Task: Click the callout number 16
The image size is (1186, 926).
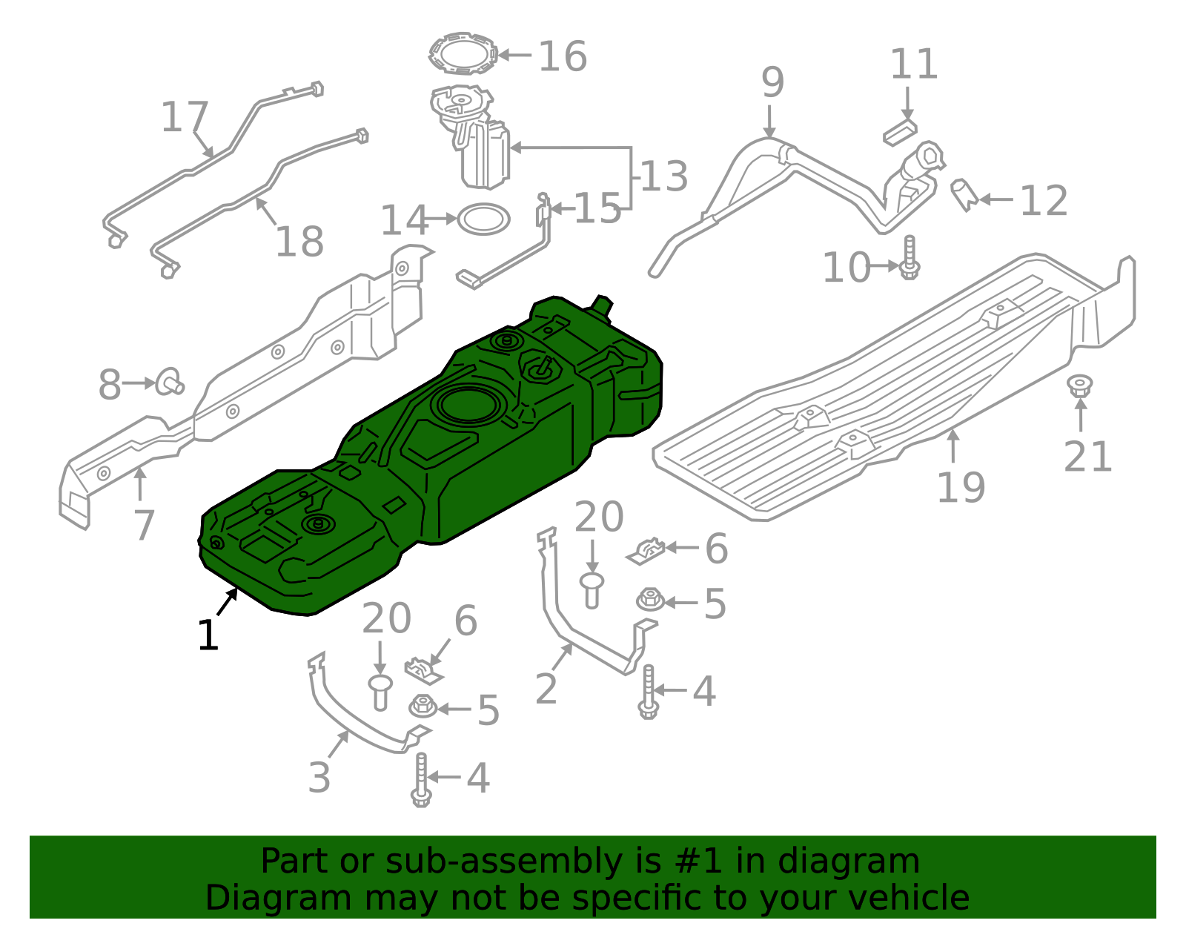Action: click(x=563, y=56)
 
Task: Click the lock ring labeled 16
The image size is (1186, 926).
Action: click(x=463, y=53)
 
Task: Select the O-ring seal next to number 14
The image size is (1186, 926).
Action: click(x=483, y=219)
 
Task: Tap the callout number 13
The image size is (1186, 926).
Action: click(x=665, y=176)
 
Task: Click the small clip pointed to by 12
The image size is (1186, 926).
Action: click(x=963, y=194)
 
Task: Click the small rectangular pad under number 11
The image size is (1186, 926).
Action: click(x=900, y=132)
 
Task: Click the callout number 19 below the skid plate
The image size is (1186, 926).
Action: click(x=961, y=487)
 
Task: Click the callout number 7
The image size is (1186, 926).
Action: click(x=144, y=525)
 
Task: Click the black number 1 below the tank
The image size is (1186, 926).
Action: click(x=208, y=636)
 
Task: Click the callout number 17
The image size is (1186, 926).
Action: click(x=185, y=117)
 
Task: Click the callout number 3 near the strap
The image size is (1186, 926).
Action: click(x=319, y=777)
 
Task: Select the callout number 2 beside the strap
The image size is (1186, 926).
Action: click(x=546, y=689)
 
